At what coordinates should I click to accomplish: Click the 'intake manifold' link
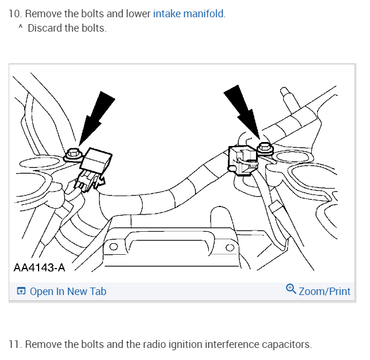tap(189, 14)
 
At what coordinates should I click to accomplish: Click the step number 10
tap(14, 14)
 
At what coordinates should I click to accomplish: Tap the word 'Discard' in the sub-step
tap(44, 28)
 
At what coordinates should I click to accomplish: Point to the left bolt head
tap(73, 154)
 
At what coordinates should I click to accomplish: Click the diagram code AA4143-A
tap(39, 267)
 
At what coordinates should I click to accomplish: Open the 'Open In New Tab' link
tap(68, 292)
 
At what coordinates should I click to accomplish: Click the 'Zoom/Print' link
tap(325, 291)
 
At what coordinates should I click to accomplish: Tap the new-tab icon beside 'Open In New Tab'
tap(21, 292)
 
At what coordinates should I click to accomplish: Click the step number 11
tap(14, 344)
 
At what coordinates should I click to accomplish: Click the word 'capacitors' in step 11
tap(285, 344)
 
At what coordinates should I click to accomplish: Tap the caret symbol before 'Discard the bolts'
tap(20, 28)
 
